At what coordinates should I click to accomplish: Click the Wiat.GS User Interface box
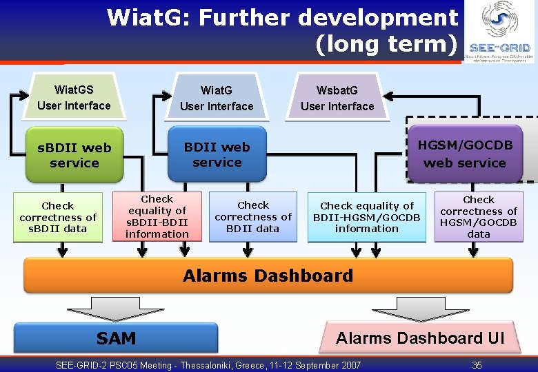click(x=74, y=97)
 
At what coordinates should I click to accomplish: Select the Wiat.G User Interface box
click(x=217, y=98)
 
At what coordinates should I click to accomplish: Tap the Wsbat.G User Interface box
click(x=337, y=98)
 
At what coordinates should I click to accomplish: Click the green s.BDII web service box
click(x=74, y=155)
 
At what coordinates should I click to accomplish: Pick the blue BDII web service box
click(x=217, y=154)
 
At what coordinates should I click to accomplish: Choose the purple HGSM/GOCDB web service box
click(x=464, y=154)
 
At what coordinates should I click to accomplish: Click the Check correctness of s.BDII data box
click(x=58, y=217)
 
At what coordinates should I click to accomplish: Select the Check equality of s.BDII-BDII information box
click(x=157, y=216)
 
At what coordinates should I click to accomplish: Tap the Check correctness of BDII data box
click(x=253, y=216)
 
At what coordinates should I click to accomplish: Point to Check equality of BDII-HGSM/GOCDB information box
click(x=367, y=217)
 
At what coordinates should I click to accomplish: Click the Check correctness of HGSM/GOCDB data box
click(x=479, y=217)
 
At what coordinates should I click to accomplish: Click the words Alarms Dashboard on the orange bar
click(x=268, y=276)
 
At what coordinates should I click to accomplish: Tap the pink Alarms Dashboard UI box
click(x=419, y=338)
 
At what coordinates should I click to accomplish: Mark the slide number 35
click(x=477, y=365)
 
